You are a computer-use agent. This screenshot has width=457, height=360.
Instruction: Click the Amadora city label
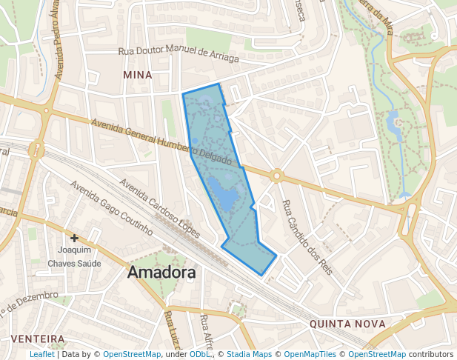pos(161,272)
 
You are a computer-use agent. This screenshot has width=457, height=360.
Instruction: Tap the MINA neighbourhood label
pos(138,75)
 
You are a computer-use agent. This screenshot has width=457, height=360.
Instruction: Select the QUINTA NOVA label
pos(347,324)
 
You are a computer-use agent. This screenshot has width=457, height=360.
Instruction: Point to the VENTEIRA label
pos(38,339)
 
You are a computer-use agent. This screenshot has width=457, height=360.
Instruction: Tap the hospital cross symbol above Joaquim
pos(74,238)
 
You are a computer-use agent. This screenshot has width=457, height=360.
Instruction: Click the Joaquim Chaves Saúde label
pos(74,256)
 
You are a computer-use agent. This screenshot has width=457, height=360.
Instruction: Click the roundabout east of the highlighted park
pos(277,176)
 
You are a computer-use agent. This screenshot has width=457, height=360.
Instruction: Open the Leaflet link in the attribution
pos(41,354)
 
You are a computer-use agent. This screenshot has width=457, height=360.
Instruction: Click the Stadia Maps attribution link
pos(249,354)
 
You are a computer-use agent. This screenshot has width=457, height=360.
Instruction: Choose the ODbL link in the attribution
pos(199,354)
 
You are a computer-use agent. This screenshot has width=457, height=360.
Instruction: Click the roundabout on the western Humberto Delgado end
pos(36,150)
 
